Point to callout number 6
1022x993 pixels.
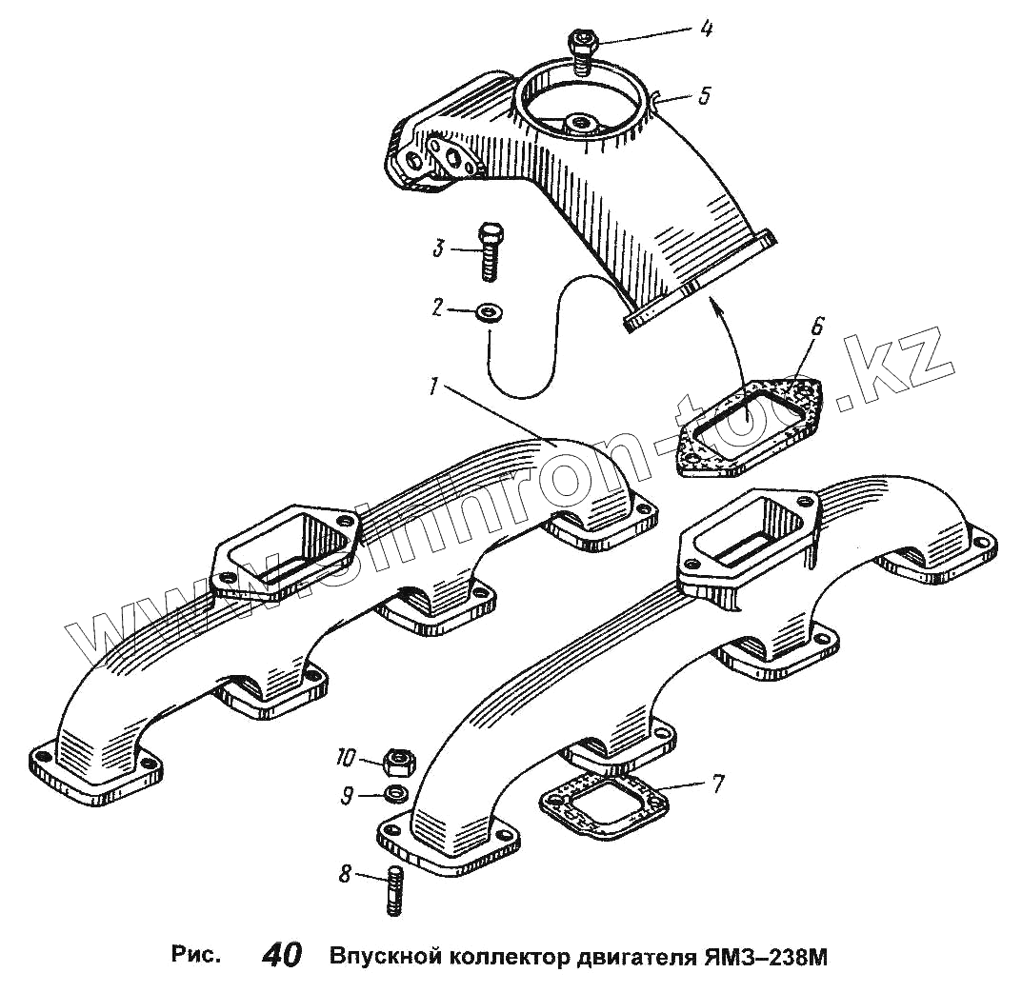tap(816, 326)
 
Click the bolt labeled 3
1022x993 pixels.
tap(491, 249)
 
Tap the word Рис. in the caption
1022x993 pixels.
tap(195, 954)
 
